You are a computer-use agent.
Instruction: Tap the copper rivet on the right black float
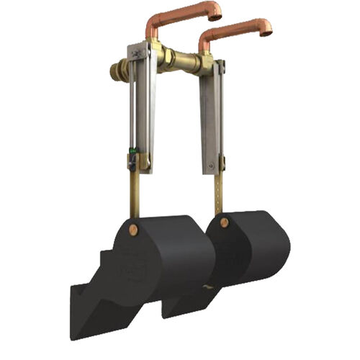pyautogui.click(x=224, y=222)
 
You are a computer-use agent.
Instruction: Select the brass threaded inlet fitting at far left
pyautogui.click(x=116, y=71)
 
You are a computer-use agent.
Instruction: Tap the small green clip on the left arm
pyautogui.click(x=132, y=153)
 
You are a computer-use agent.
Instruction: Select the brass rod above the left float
pyautogui.click(x=135, y=191)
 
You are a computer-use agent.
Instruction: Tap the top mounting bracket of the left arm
pyautogui.click(x=138, y=52)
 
